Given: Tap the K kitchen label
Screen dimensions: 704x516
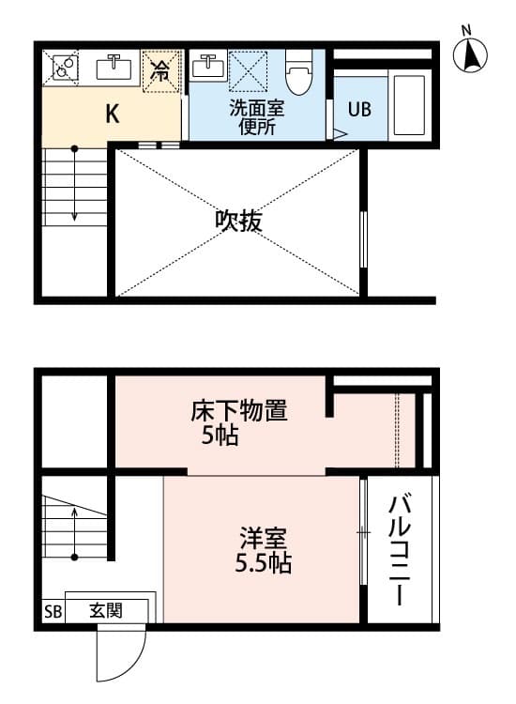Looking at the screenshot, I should click(112, 115).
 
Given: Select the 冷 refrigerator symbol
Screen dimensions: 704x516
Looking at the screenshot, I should click(162, 70).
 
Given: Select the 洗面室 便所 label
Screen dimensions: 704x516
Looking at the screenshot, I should click(256, 116).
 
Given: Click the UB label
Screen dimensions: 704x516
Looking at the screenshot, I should click(359, 109).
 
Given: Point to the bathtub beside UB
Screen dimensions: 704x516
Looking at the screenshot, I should click(409, 103).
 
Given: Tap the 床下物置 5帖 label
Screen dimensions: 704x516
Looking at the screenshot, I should click(238, 422).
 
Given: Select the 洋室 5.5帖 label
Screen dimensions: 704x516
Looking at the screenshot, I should click(262, 552).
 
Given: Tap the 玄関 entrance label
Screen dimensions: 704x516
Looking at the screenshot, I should click(104, 609).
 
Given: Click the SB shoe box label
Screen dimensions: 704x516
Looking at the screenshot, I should click(52, 611).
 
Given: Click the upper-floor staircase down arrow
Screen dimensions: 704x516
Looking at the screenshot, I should click(74, 188).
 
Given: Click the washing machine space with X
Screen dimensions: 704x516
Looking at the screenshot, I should click(249, 69).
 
